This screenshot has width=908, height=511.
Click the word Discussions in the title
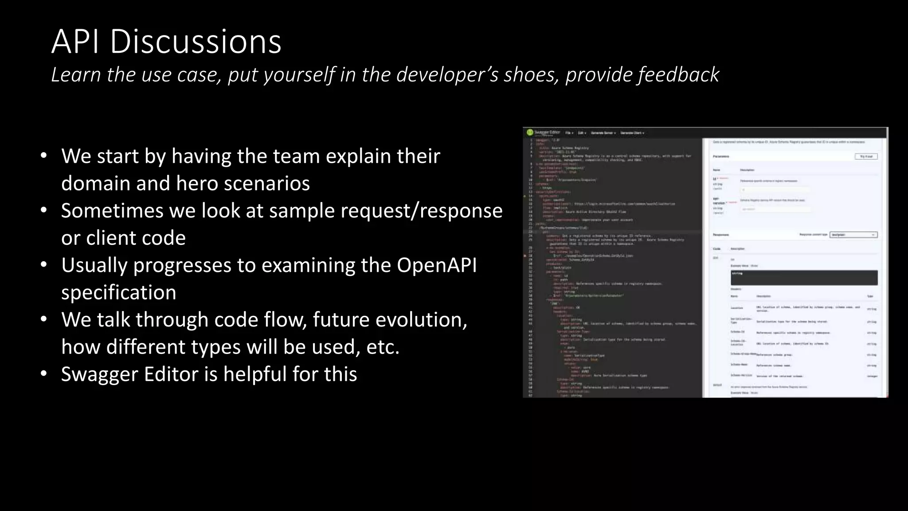[x=195, y=42]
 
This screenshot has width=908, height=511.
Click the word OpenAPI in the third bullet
[x=436, y=265]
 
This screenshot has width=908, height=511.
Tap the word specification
[x=118, y=293]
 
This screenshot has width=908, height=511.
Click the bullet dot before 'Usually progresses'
[x=43, y=265]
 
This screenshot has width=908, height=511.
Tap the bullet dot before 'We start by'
[x=43, y=156]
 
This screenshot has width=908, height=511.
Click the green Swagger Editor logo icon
[x=529, y=132]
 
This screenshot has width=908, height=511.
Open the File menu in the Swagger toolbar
[x=569, y=133]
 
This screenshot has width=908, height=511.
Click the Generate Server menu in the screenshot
[x=603, y=133]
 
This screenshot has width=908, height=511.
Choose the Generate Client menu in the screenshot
[x=632, y=133]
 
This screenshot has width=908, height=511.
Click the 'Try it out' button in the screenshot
[x=865, y=157]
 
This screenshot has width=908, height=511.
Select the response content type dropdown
[x=853, y=235]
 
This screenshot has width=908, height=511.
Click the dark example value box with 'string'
[x=804, y=278]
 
